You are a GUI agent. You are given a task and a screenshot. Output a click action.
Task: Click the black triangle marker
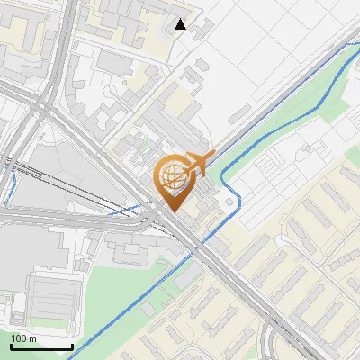(x=181, y=24)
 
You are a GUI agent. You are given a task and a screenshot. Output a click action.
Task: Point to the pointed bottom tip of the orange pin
(x=171, y=211)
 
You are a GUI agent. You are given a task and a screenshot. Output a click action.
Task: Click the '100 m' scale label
(x=23, y=338)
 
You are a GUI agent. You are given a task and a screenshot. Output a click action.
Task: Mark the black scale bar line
(x=41, y=346)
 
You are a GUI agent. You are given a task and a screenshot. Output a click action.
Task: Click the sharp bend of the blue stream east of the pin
(x=238, y=193)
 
